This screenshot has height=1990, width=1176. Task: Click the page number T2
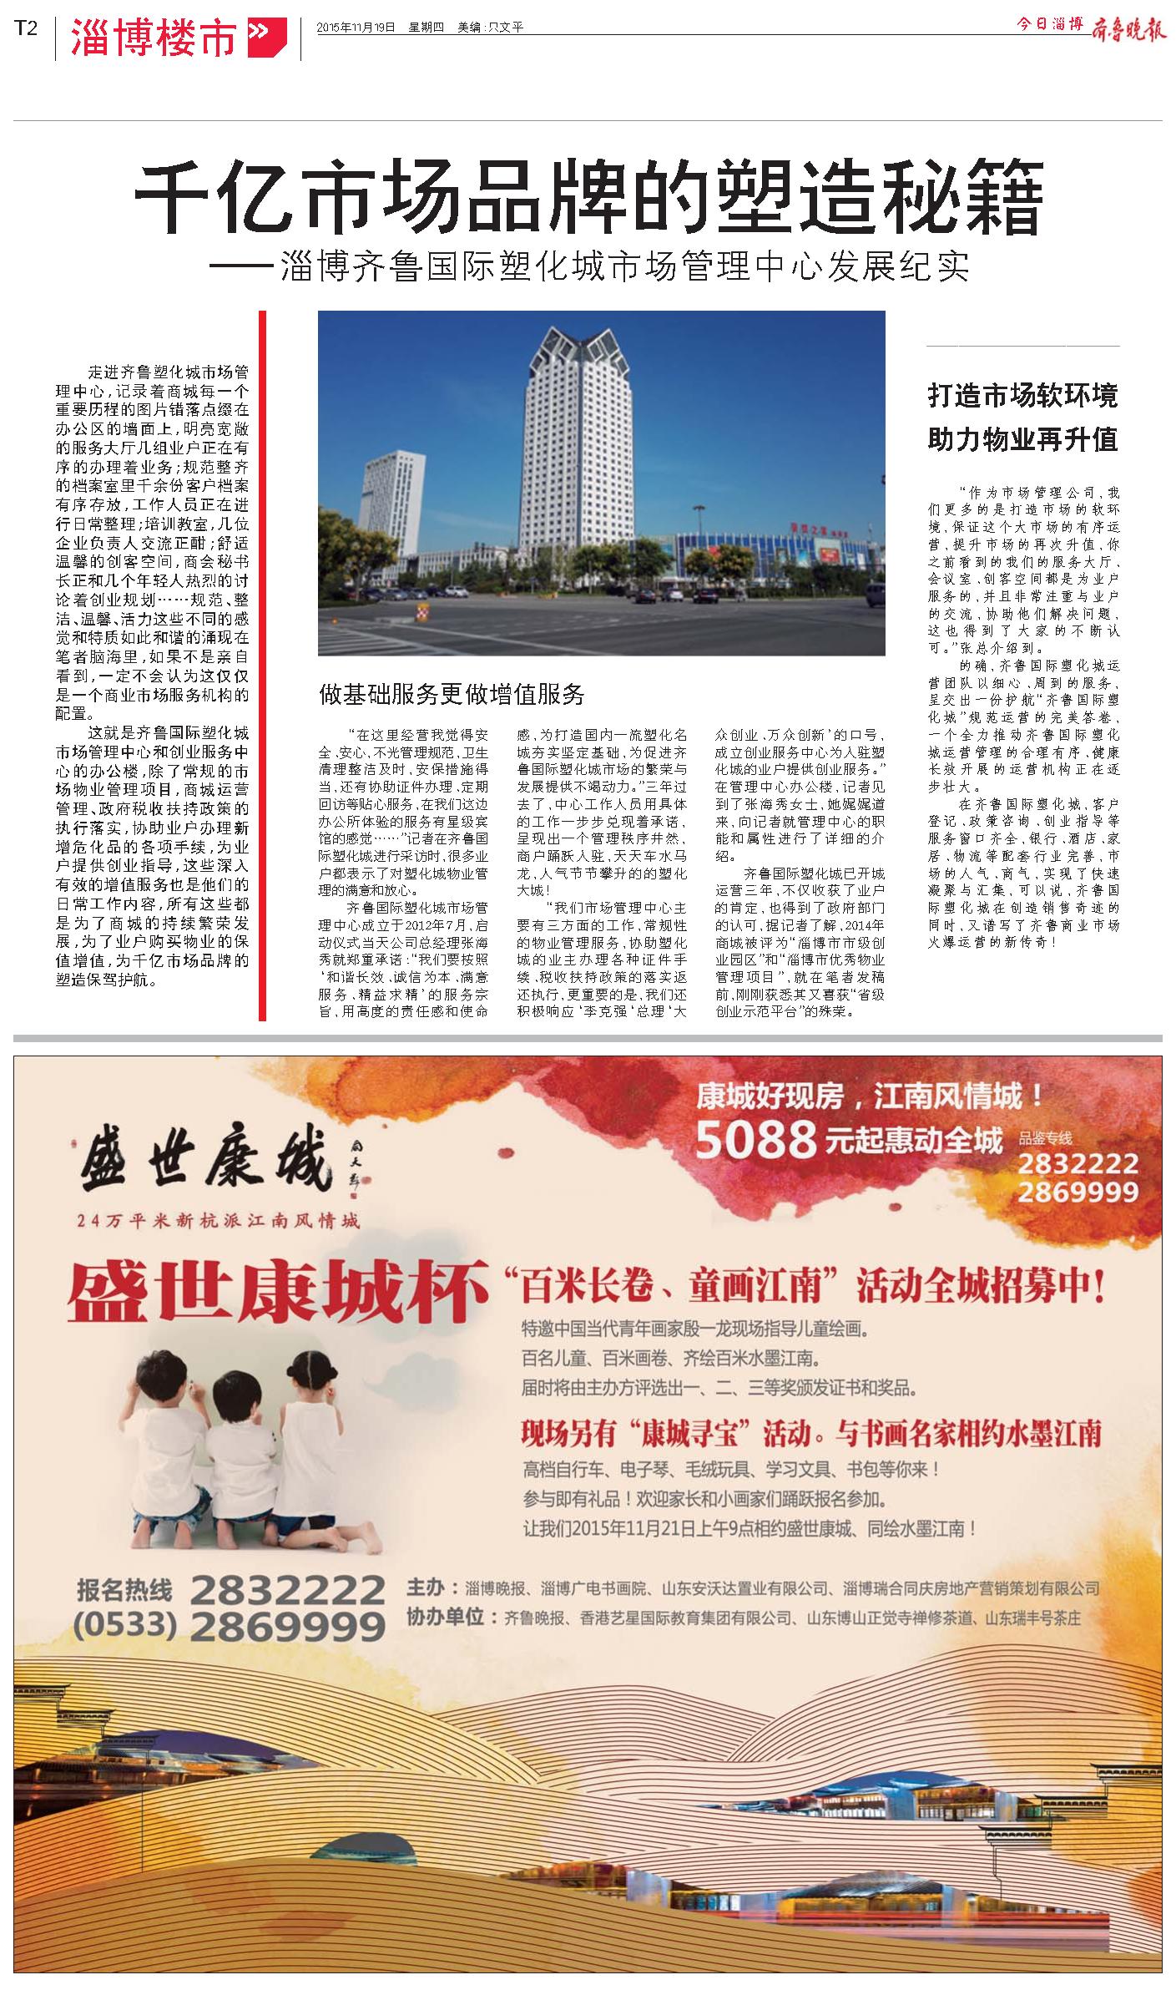[26, 28]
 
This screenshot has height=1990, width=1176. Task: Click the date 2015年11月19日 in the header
[357, 28]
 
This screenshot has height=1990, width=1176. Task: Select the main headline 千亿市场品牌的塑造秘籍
[588, 199]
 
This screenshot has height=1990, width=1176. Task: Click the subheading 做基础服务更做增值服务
[452, 693]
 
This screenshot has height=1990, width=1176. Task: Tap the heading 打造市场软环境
[1022, 395]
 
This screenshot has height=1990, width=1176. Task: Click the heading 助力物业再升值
[1022, 438]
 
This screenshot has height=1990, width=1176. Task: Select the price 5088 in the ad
[755, 1141]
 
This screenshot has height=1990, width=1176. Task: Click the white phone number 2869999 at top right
[1078, 1192]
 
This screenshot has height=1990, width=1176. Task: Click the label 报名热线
[124, 1588]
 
